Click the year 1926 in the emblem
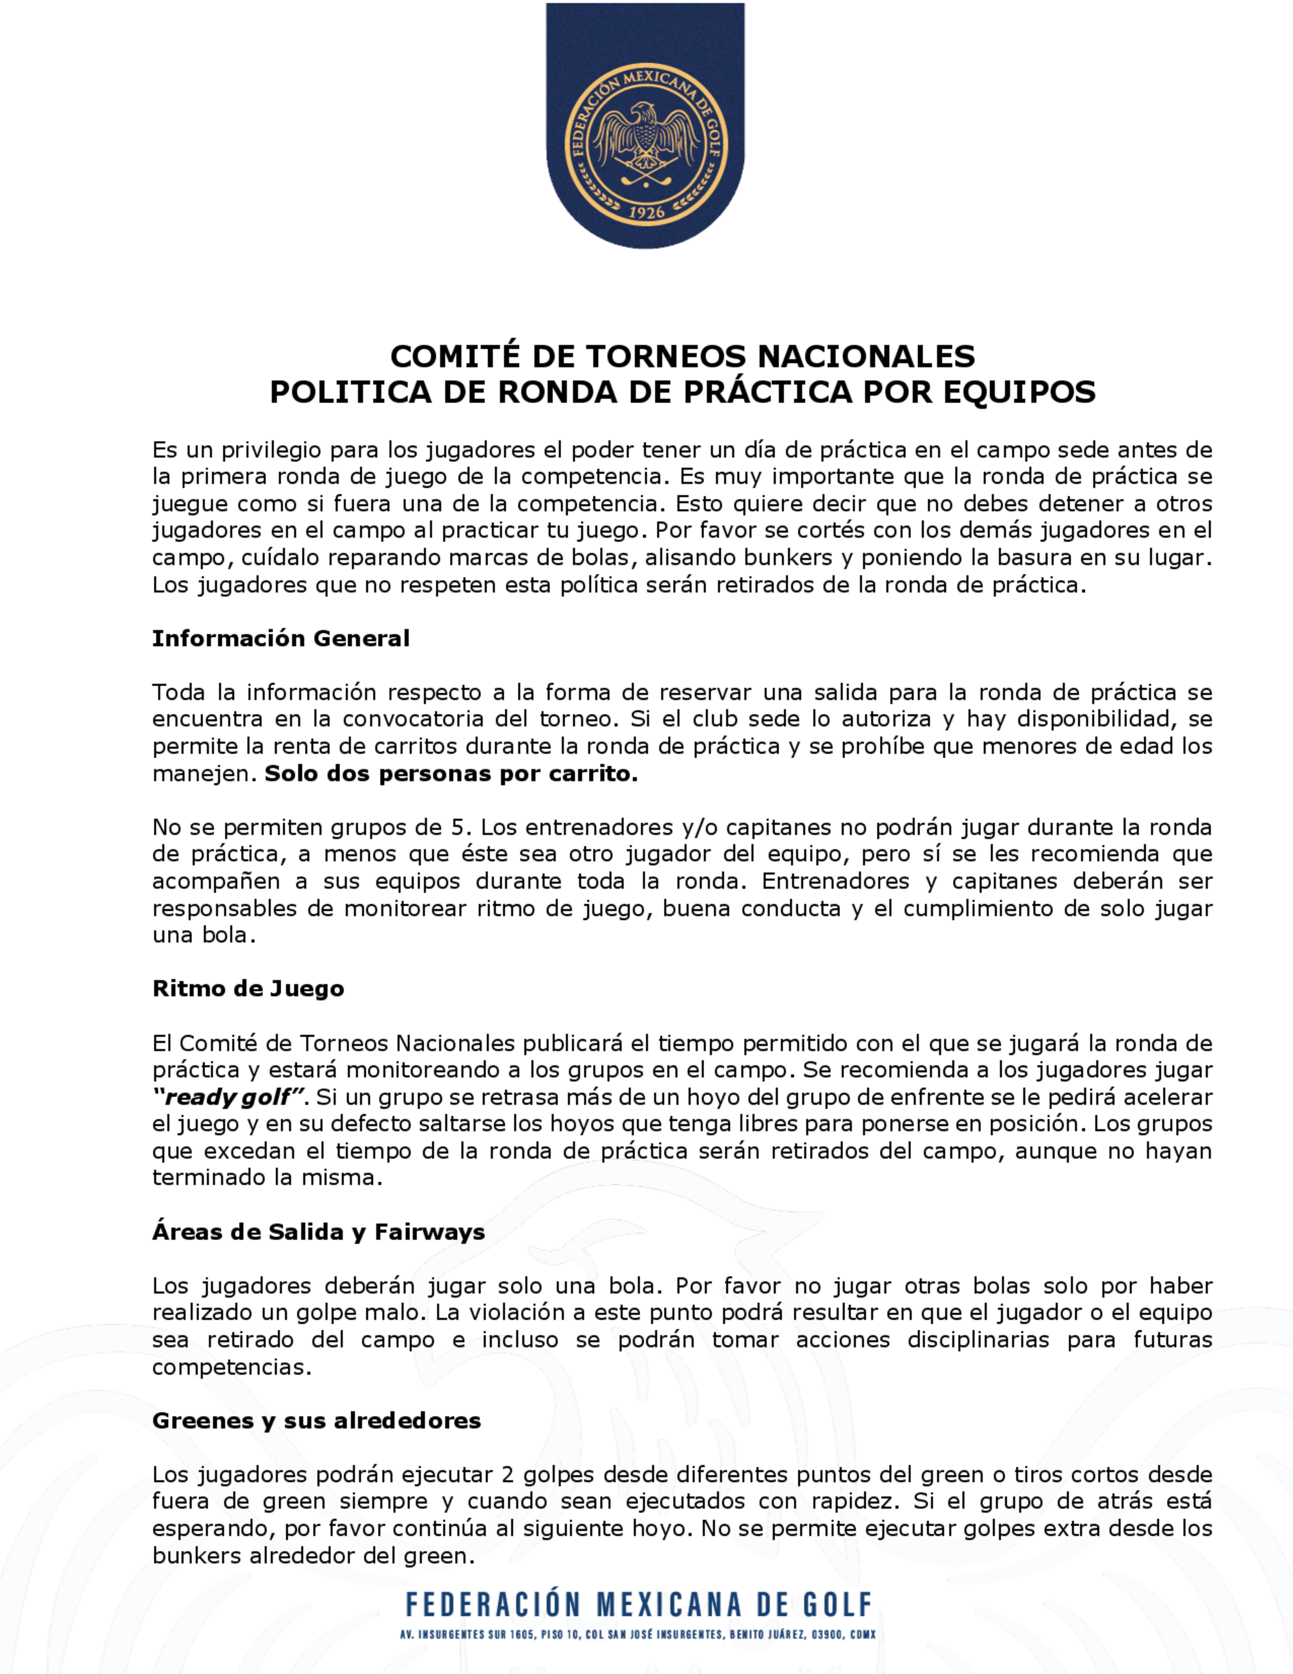(x=646, y=213)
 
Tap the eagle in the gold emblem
(x=646, y=138)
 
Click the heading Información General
(x=281, y=638)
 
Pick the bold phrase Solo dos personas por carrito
(x=451, y=774)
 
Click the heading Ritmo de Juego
(x=248, y=989)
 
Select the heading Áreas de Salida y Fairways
(x=318, y=1232)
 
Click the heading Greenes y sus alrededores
(x=316, y=1420)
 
